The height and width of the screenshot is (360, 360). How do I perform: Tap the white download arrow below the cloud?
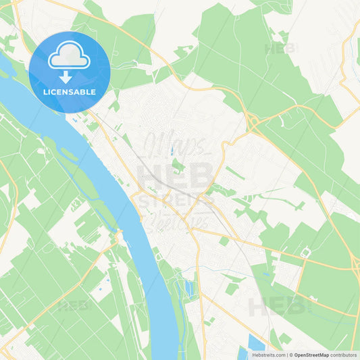69,76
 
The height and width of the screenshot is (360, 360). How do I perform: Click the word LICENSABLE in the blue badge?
69,92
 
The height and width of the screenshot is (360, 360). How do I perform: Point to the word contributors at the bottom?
343,354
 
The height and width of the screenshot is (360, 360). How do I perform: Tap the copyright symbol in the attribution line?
289,354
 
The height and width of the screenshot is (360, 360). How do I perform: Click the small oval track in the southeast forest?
305,253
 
